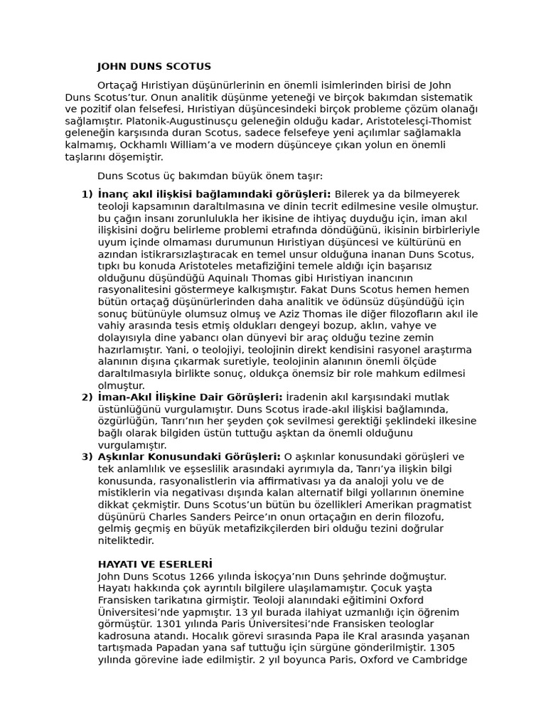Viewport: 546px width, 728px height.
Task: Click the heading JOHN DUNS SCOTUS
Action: (154, 67)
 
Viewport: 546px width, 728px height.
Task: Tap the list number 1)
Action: (87, 194)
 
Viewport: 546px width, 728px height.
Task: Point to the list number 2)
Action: (87, 397)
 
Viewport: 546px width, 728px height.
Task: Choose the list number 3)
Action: (87, 456)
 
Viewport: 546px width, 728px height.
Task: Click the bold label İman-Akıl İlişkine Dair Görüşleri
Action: (190, 397)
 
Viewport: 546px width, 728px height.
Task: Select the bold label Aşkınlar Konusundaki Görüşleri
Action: (189, 456)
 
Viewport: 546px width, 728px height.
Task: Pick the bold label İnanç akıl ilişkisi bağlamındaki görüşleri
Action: (214, 194)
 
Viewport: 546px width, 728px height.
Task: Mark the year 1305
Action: (455, 648)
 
